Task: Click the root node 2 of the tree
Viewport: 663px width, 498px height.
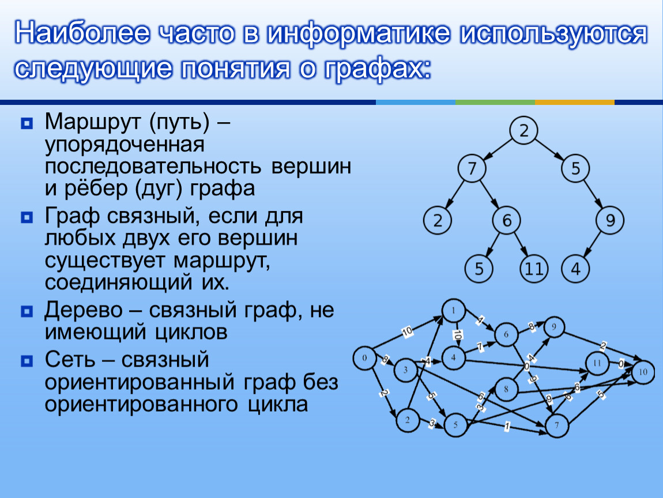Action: [523, 130]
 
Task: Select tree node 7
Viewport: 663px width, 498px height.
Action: [472, 168]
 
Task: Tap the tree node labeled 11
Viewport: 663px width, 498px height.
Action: [534, 269]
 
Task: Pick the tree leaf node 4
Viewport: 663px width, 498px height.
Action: [575, 269]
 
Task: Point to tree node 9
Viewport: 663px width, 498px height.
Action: [610, 220]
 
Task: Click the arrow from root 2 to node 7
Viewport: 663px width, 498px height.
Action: [497, 149]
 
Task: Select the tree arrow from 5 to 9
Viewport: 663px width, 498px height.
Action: [593, 194]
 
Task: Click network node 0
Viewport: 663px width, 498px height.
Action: [364, 359]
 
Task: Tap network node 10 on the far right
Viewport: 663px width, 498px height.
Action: [643, 372]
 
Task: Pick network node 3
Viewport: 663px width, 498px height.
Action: [405, 370]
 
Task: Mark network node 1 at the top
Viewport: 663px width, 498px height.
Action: [454, 311]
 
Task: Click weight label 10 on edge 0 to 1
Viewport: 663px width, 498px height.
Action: [407, 332]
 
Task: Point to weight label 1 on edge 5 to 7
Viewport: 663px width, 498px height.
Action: [507, 427]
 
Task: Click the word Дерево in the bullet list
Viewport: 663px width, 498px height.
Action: [83, 310]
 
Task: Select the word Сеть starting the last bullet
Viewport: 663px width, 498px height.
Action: [70, 360]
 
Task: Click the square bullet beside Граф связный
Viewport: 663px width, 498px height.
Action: [26, 217]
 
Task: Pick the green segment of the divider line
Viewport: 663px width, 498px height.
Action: [495, 102]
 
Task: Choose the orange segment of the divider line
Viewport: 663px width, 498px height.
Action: [575, 102]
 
